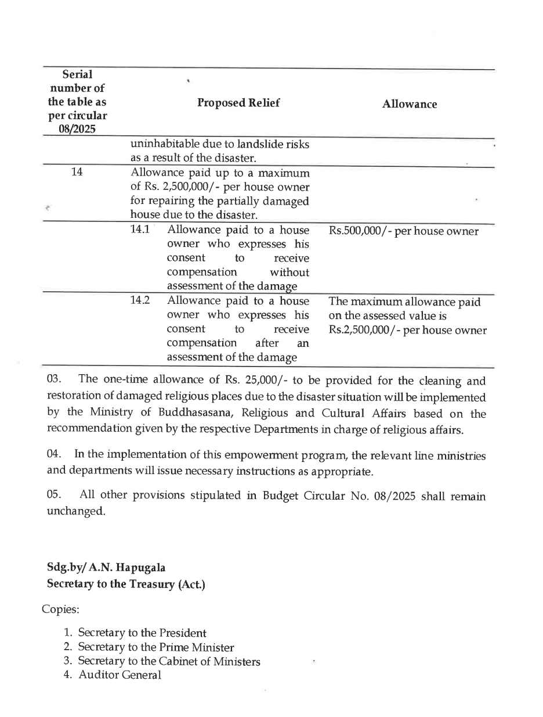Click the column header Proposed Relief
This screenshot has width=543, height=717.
[238, 103]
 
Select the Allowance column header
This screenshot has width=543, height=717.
[410, 105]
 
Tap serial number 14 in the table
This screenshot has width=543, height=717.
[77, 173]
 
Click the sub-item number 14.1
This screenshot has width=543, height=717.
[140, 230]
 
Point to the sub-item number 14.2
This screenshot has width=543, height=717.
[140, 300]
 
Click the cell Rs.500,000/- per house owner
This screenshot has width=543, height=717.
[404, 231]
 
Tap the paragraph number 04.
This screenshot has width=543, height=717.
[54, 455]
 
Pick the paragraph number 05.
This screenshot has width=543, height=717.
[54, 496]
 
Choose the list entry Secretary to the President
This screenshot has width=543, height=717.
[142, 633]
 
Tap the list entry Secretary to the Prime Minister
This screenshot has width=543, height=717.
[156, 647]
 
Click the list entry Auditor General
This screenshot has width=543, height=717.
[120, 675]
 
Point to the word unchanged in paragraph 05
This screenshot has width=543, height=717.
[76, 512]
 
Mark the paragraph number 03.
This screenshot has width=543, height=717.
[54, 380]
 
